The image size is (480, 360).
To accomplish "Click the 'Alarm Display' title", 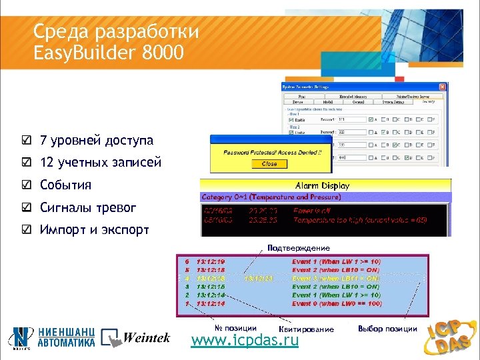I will [x=322, y=185].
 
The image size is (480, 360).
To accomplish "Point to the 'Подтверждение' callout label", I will [x=298, y=249].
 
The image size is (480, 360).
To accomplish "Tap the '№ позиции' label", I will [x=235, y=328].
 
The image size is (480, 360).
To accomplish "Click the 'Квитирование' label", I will [x=307, y=329].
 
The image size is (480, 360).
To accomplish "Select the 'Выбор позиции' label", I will [x=388, y=329].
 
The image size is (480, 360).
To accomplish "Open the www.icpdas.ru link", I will [x=245, y=341].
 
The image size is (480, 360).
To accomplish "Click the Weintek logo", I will [x=135, y=338].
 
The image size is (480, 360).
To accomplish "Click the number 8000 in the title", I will [x=163, y=52].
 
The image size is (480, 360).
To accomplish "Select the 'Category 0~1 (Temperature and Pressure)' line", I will [x=271, y=197].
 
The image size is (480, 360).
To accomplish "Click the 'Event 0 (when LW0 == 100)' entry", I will [x=336, y=304].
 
